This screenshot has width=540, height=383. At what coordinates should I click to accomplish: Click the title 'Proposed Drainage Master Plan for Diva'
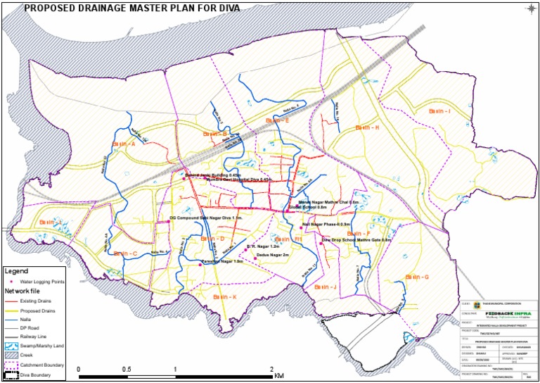(x=131, y=8)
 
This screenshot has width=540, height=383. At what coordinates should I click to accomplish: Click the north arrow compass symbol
(x=530, y=8)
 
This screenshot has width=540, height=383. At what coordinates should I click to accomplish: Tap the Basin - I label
(x=439, y=112)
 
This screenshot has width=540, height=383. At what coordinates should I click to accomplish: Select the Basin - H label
(x=367, y=127)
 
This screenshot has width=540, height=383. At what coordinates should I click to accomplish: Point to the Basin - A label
(x=123, y=144)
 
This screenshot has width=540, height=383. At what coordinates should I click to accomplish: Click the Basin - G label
(x=416, y=277)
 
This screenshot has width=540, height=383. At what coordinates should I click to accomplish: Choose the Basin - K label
(x=225, y=297)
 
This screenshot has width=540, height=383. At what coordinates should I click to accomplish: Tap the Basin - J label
(x=326, y=287)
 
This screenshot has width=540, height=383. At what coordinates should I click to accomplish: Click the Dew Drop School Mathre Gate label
(x=356, y=240)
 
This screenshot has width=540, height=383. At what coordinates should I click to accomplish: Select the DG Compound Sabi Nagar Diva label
(x=206, y=218)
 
